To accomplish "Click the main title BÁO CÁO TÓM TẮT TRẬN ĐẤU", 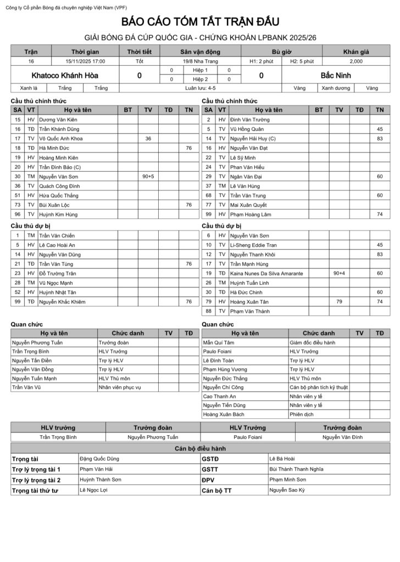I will point(200,22).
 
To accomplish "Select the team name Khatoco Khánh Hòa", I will point(65,75).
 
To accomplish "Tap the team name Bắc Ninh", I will point(336,75).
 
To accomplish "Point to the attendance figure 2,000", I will point(356,61).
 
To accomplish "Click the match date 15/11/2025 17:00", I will point(85,61).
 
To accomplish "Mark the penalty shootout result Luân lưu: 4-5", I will point(200,88).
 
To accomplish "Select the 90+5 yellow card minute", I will point(148,176).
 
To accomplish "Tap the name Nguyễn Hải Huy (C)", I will point(253,139).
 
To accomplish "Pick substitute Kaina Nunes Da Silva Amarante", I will point(266,273).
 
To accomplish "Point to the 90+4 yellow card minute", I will point(339,273).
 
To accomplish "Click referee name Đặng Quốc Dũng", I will point(99,458).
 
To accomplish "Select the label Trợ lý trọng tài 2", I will point(36,480).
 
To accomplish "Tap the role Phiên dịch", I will point(300,414).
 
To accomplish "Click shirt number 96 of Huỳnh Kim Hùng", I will point(18,214).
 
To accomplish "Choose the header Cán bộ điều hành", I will point(200,448).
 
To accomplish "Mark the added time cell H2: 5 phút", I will point(302,61).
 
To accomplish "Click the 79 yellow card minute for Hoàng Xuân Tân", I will point(339,301).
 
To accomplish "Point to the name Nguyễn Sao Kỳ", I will point(287,490).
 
